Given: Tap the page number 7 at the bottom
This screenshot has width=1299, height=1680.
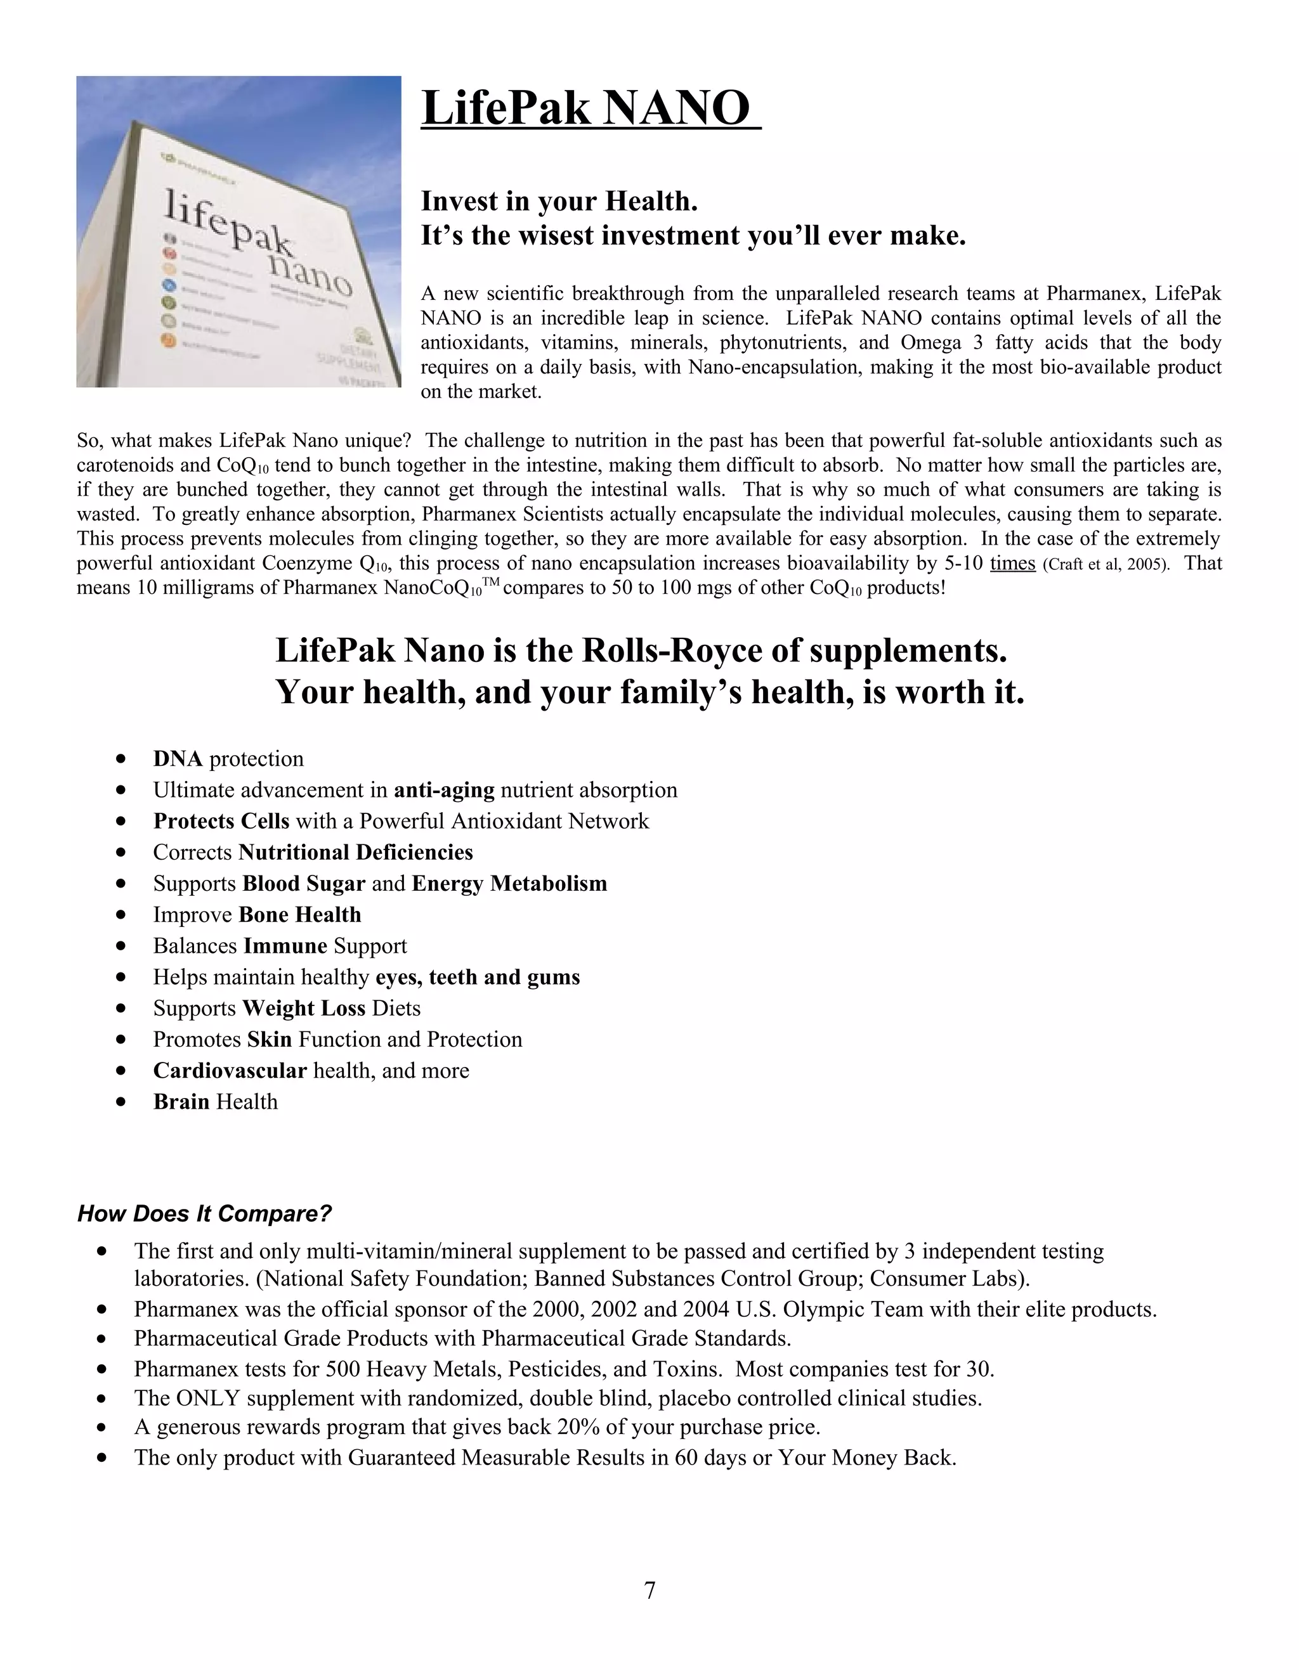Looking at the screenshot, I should click(x=649, y=1589).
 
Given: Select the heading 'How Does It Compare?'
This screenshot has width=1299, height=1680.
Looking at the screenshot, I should click(x=204, y=1214).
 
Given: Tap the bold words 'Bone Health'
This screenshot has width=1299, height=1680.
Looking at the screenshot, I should click(x=299, y=915).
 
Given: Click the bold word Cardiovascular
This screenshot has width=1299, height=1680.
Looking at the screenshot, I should click(x=230, y=1071).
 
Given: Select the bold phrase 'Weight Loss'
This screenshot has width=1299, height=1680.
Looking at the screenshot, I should click(x=303, y=1009).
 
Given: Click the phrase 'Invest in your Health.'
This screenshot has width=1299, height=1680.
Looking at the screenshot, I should click(x=559, y=202).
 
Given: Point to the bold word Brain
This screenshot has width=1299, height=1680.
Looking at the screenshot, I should click(x=181, y=1102).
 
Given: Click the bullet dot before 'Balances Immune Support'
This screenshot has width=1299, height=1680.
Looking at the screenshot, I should click(x=121, y=946).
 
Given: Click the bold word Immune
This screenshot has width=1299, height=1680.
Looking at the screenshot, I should click(x=285, y=946).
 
